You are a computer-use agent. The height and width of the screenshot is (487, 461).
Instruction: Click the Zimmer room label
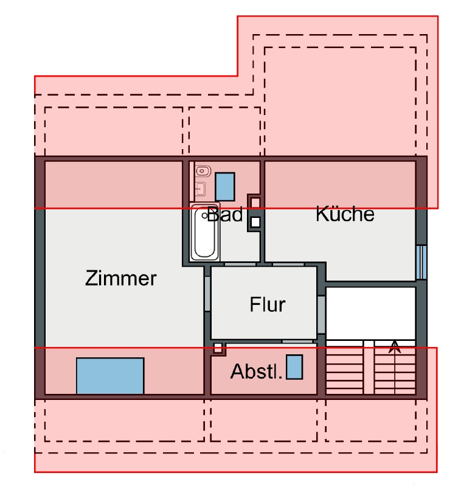(121, 279)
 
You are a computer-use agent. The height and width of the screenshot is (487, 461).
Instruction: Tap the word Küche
(344, 214)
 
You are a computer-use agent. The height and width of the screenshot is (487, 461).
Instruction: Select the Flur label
(268, 304)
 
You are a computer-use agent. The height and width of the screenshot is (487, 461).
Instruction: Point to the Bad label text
(225, 214)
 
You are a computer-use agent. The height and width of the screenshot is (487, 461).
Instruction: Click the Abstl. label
(257, 371)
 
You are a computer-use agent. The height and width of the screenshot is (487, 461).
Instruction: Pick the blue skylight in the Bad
(225, 187)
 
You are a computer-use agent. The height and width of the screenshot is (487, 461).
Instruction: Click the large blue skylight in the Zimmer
(110, 376)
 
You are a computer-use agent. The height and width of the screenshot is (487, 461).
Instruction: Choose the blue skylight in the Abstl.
(294, 368)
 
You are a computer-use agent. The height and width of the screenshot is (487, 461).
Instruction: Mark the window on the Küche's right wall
(421, 262)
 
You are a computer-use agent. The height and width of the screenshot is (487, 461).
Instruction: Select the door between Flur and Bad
(240, 265)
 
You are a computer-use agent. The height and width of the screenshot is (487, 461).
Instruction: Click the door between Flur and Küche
(288, 265)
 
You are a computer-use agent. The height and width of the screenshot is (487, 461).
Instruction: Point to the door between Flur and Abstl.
(297, 341)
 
